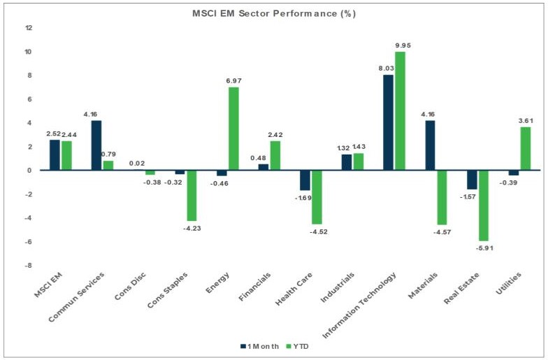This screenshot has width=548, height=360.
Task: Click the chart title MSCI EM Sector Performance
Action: pos(273,14)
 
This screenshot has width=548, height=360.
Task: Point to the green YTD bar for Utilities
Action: pos(524,148)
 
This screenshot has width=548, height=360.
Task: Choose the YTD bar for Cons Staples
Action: pos(192,195)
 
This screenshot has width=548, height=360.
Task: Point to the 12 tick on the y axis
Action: pos(29,28)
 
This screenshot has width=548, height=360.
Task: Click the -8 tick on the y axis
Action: pos(29,266)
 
